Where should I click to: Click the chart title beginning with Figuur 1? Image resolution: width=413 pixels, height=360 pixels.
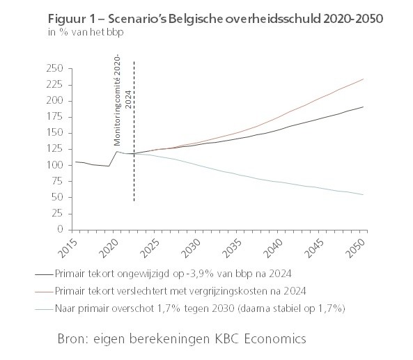click(215, 19)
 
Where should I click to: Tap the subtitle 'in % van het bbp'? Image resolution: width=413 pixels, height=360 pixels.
click(86, 32)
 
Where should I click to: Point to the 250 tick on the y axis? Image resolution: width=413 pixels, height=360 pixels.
click(55, 68)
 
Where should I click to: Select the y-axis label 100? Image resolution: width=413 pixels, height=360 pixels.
click(55, 165)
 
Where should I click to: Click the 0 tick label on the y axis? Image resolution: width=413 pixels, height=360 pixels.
click(61, 229)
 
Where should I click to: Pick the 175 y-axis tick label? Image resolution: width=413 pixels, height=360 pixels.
click(55, 117)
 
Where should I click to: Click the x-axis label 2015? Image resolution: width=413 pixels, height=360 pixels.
click(68, 248)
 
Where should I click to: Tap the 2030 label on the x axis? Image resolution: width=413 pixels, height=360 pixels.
click(192, 248)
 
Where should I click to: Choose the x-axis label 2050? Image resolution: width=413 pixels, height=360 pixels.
click(356, 248)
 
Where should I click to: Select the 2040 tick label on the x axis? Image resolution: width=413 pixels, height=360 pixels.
click(274, 248)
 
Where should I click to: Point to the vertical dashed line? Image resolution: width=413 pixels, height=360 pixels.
click(134, 131)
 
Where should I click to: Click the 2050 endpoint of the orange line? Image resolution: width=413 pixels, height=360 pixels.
click(364, 79)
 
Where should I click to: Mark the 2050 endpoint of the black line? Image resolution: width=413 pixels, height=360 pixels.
click(364, 107)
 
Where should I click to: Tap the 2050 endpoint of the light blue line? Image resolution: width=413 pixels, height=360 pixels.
click(364, 194)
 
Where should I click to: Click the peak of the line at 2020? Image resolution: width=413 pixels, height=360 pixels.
click(117, 151)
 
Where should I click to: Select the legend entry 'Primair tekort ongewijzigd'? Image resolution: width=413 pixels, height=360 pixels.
click(163, 274)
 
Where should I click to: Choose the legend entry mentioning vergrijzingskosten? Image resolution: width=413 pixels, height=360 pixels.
click(171, 291)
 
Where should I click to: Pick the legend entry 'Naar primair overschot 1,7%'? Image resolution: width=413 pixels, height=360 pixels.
click(190, 308)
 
